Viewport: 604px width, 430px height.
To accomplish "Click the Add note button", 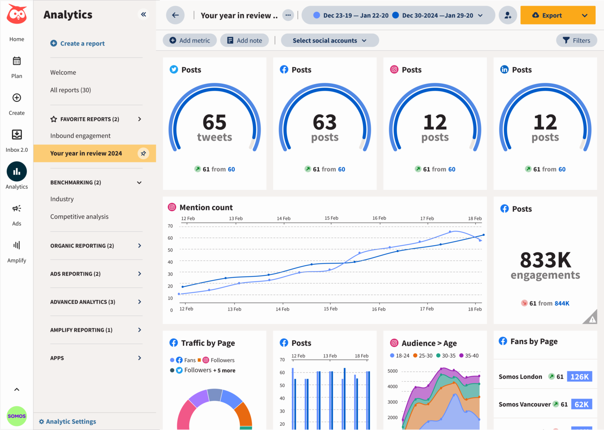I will [x=244, y=40].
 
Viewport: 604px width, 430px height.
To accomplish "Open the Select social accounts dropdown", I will [x=330, y=40].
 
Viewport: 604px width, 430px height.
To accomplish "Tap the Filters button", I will [x=576, y=40].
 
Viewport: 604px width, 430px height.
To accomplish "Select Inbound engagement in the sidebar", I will [x=80, y=136].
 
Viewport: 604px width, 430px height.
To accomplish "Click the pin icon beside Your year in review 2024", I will [x=143, y=153].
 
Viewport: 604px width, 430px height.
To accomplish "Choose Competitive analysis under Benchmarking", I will [x=79, y=217].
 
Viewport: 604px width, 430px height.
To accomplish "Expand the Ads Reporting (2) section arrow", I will [x=139, y=274].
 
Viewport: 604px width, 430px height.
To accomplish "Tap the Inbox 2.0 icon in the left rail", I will [x=17, y=135].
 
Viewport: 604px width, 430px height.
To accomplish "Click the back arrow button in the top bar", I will [x=175, y=15].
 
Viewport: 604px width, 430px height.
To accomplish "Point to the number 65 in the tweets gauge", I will [x=214, y=122].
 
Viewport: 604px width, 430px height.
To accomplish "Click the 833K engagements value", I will [x=545, y=260].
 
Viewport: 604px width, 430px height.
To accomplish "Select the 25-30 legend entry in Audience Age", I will [x=423, y=356].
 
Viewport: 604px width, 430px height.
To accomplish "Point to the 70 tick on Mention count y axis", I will [x=170, y=226].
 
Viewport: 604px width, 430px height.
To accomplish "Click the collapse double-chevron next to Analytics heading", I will [x=144, y=15].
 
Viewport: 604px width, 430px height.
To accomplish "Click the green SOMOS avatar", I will [x=17, y=416].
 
